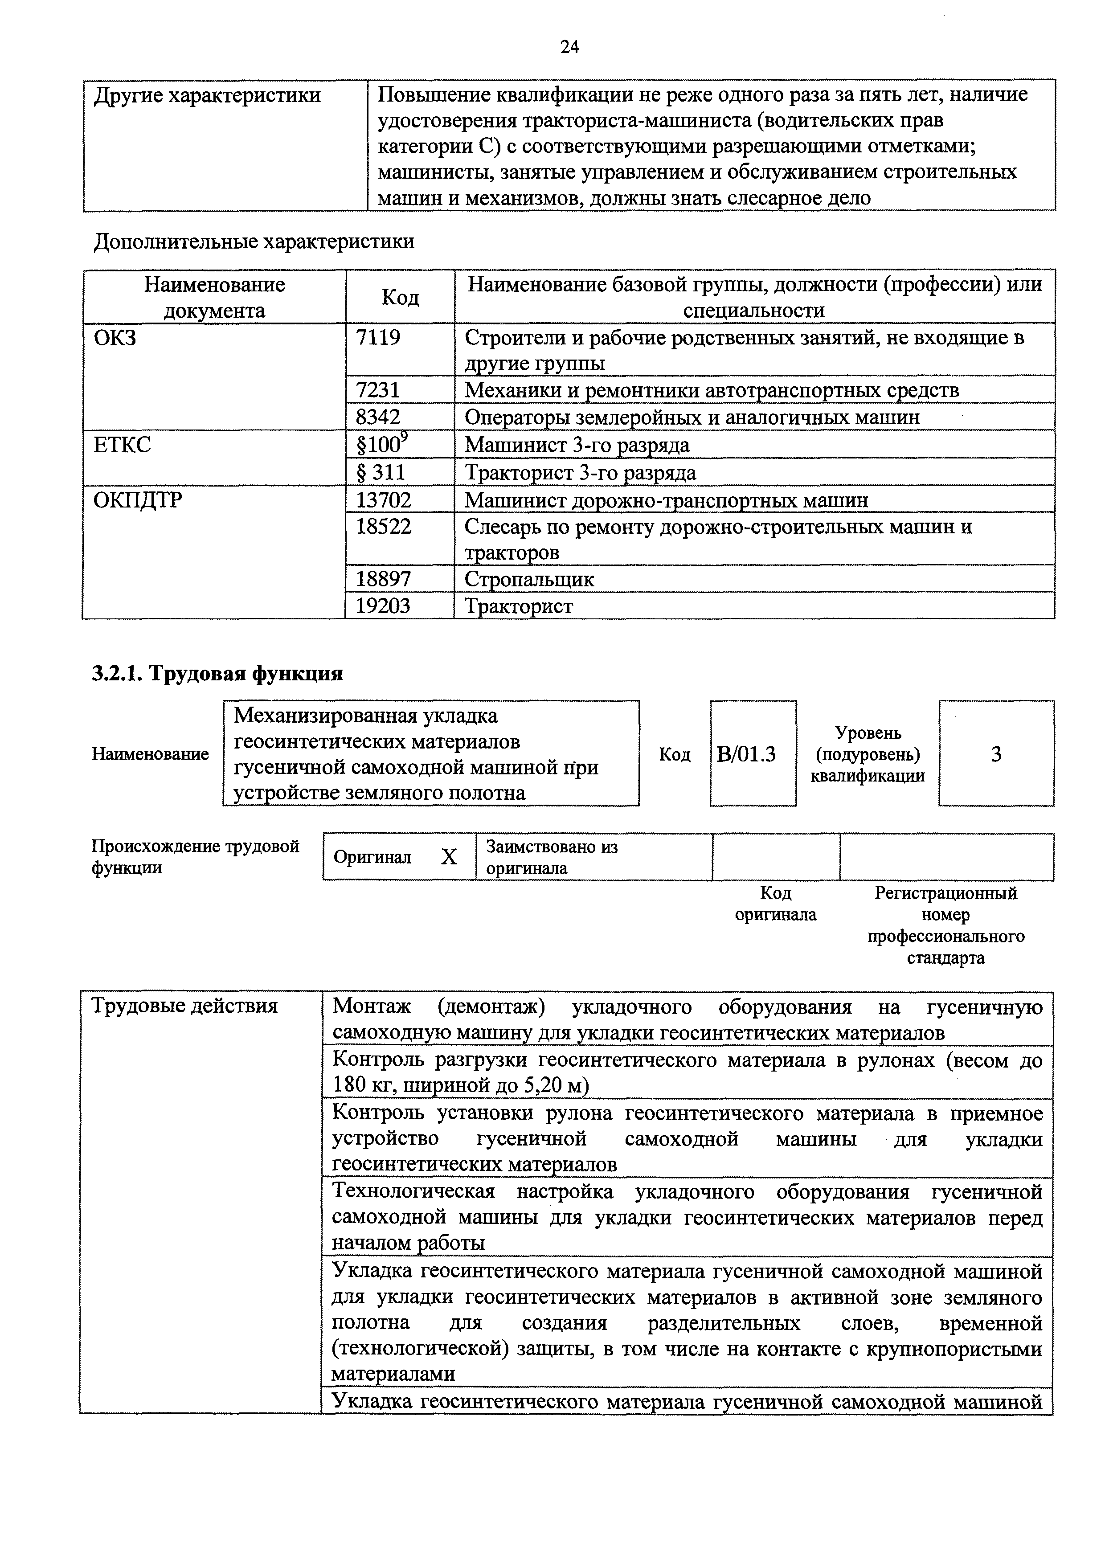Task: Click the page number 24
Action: pyautogui.click(x=569, y=46)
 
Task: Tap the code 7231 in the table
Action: pyautogui.click(x=378, y=390)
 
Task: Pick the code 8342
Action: pyautogui.click(x=378, y=417)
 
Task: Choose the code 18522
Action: pyautogui.click(x=383, y=526)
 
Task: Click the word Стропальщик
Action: pyautogui.click(x=529, y=579)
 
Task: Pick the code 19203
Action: pyautogui.click(x=383, y=605)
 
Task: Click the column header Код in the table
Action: pyautogui.click(x=400, y=297)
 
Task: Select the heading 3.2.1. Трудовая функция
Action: pyautogui.click(x=217, y=673)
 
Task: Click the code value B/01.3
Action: pyautogui.click(x=746, y=754)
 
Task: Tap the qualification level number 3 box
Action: pyautogui.click(x=995, y=754)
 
